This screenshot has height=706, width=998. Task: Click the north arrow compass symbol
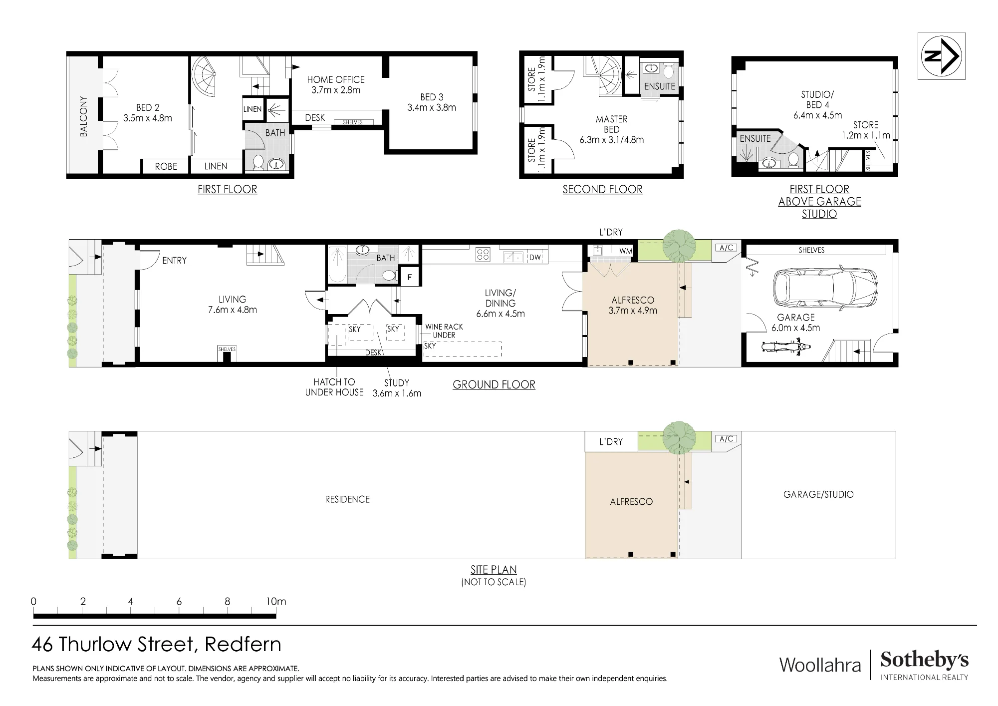941,56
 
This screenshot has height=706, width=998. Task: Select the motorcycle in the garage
785,347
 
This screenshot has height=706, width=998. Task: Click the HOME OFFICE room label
336,85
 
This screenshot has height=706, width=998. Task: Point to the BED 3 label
432,102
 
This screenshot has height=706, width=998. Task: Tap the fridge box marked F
410,277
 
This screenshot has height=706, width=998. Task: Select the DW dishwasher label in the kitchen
535,258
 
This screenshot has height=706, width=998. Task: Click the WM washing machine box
625,251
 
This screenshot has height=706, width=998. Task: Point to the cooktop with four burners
483,255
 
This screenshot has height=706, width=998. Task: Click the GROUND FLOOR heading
494,384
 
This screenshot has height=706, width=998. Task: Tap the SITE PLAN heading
494,570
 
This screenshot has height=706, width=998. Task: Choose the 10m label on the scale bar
276,602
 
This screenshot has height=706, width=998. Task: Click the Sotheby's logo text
924,660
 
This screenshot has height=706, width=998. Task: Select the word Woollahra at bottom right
820,665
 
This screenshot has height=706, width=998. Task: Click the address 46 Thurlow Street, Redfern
157,645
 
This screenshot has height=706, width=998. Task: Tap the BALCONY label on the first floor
83,116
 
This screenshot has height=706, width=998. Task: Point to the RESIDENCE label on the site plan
347,499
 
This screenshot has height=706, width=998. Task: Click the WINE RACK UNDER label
444,331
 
